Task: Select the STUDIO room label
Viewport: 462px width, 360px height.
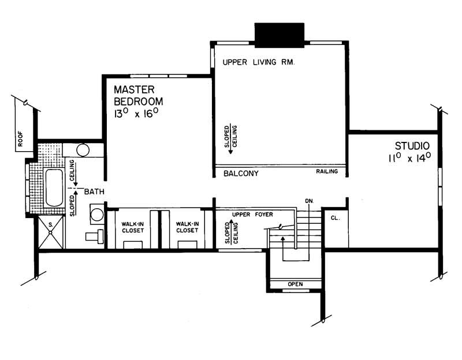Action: click(x=412, y=145)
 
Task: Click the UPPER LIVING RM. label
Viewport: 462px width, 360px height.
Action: click(x=258, y=62)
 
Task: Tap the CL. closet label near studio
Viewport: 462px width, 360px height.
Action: click(x=334, y=218)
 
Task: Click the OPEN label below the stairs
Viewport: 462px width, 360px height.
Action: click(x=295, y=284)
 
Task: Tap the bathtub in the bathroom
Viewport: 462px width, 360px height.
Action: click(x=54, y=187)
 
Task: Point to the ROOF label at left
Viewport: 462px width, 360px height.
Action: click(x=20, y=139)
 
